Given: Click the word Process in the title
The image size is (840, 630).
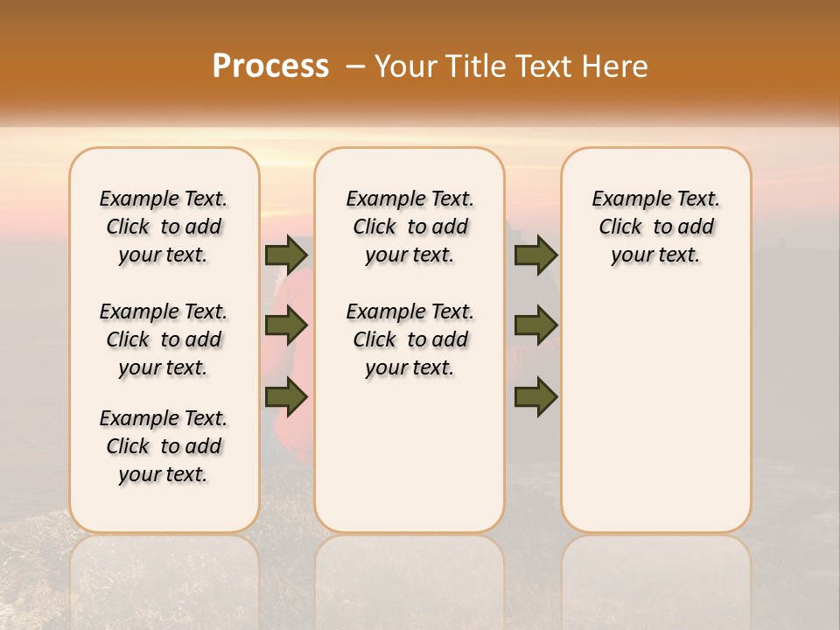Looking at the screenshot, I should point(270,66).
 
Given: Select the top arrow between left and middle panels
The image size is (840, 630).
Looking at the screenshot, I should point(286,255).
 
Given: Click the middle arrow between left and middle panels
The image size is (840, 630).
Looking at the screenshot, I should point(286,325).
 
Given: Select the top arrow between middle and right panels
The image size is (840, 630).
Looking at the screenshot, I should point(535,255).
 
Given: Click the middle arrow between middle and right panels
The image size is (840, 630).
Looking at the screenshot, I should point(535,325).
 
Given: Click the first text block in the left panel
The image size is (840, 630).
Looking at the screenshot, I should point(164,227).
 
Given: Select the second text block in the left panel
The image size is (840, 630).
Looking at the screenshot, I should point(164,339).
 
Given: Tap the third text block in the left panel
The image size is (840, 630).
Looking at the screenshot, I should point(164,446).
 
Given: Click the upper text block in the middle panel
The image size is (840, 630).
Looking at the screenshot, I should point(409,227).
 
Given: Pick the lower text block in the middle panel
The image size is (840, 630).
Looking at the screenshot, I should point(409,339).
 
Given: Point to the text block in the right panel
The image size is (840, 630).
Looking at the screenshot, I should point(655,227).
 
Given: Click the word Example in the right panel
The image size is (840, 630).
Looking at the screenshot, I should point(624,199).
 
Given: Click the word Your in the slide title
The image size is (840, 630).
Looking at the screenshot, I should point(401,66).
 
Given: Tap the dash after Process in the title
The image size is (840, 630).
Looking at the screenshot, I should point(355,66).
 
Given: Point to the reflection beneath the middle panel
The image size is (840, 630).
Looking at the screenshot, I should point(409,569).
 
